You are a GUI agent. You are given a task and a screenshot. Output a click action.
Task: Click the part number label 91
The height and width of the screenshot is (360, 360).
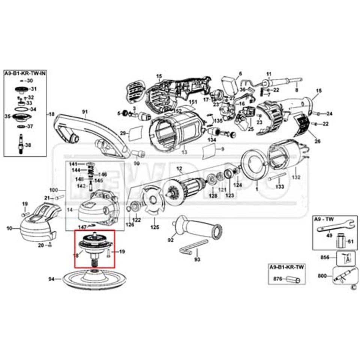point(85,111)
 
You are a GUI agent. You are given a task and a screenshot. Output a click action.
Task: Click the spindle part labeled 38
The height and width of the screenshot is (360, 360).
point(21,144)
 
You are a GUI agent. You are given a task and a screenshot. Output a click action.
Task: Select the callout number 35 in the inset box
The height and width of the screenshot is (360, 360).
point(7,117)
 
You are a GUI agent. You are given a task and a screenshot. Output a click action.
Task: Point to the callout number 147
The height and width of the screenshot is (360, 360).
point(82,227)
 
